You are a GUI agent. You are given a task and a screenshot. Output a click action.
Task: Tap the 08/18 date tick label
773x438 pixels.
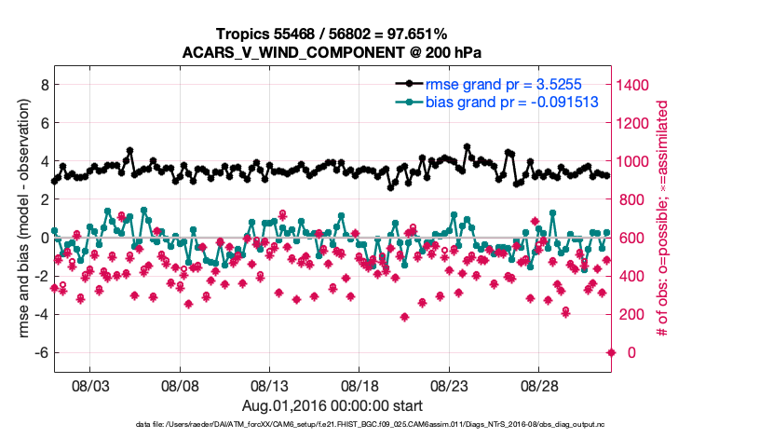[359, 386]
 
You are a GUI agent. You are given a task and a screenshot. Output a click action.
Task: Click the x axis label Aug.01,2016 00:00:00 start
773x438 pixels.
[332, 406]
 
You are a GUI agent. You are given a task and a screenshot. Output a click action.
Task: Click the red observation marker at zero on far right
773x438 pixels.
[611, 352]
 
